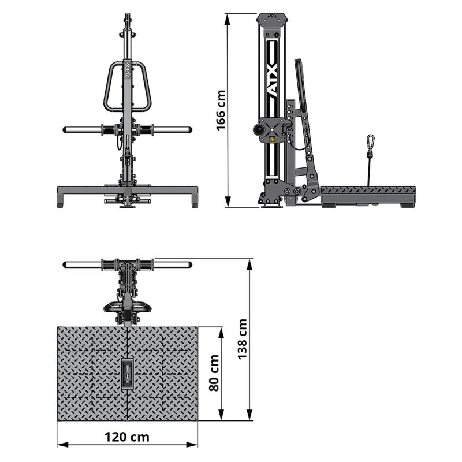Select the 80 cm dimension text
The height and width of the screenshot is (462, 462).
click(214, 372)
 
